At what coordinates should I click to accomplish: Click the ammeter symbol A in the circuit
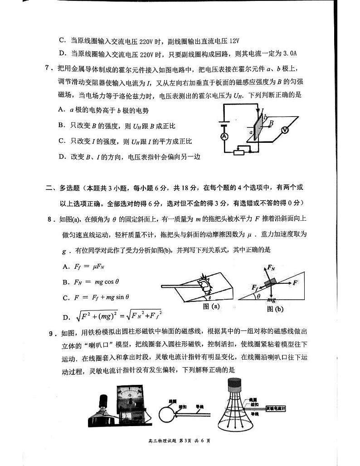click(x=224, y=136)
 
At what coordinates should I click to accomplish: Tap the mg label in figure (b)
click(x=271, y=299)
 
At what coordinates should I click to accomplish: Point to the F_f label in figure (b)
click(x=256, y=287)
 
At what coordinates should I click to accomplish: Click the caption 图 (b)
click(x=275, y=309)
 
